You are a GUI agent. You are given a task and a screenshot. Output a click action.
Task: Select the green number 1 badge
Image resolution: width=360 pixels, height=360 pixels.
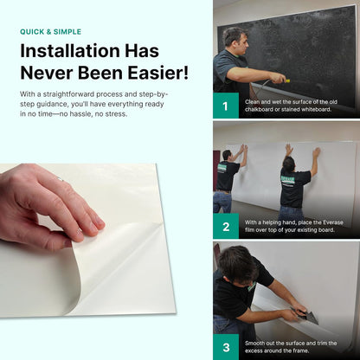[226, 107]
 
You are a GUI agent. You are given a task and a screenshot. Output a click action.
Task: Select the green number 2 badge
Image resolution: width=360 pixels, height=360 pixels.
[226, 227]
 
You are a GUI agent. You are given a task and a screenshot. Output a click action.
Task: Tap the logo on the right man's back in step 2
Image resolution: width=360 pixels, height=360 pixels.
[295, 179]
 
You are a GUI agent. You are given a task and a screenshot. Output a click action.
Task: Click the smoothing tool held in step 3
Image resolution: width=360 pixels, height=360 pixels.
[307, 317]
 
